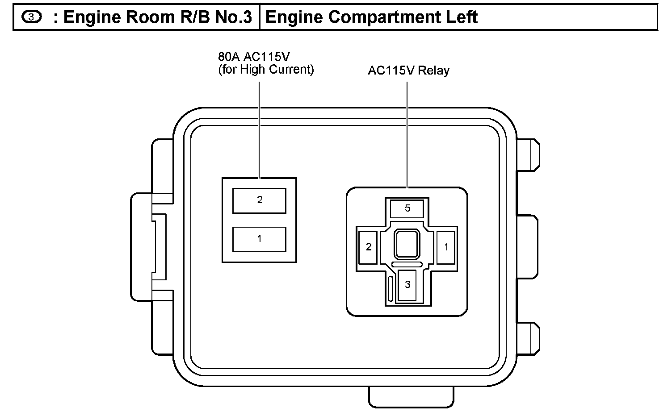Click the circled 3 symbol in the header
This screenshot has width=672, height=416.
pos(31,17)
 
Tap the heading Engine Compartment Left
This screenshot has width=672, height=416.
pos(371,17)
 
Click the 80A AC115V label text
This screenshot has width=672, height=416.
pos(254,57)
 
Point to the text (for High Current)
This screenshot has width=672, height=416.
pos(266,70)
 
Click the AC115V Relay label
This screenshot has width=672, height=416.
pos(408,71)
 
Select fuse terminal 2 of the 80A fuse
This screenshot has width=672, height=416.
pos(259,200)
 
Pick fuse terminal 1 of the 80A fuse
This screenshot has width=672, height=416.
pos(259,239)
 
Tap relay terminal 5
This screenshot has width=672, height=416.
pos(407,208)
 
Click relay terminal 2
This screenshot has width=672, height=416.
pos(369,247)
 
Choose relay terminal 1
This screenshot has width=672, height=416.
pos(446,247)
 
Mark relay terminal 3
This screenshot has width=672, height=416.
pos(407,285)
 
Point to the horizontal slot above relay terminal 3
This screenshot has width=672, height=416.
pos(407,265)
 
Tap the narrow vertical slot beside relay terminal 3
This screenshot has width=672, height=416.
pos(391,288)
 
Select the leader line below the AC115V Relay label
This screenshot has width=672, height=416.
pos(407,134)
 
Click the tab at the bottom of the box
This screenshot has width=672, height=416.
pos(411,396)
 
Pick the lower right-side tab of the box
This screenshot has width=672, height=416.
pos(528,339)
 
